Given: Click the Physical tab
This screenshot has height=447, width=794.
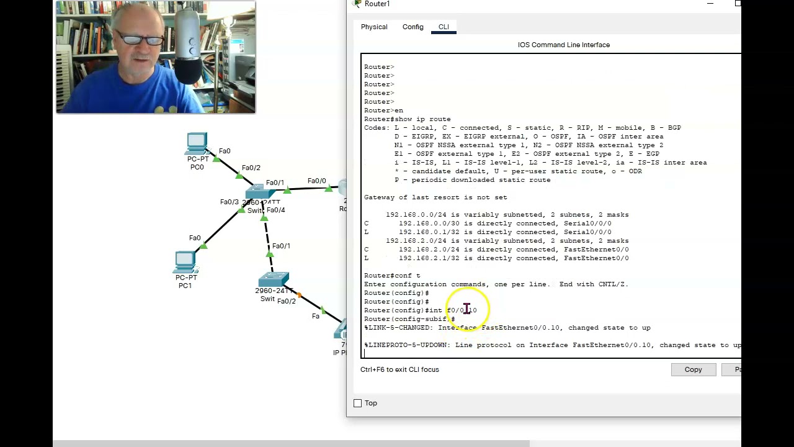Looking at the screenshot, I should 374,27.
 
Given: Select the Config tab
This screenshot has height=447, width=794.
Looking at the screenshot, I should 413,27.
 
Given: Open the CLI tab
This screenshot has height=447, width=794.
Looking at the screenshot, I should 444,27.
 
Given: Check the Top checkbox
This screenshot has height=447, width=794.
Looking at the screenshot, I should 358,404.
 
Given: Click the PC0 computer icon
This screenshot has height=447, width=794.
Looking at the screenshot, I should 197,143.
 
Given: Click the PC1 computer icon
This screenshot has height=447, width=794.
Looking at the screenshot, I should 185,262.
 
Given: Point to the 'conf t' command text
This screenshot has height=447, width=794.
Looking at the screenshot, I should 407,276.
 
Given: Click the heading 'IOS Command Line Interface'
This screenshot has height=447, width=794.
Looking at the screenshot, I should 563,45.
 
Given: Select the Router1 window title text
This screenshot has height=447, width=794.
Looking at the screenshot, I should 377,4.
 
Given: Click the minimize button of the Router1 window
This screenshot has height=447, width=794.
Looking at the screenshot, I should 710,4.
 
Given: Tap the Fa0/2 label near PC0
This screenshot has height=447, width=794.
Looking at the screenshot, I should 251,168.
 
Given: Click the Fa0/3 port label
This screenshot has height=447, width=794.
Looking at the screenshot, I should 229,202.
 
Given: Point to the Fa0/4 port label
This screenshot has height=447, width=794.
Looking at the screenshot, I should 275,210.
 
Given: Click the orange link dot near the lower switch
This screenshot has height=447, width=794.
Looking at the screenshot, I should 299,295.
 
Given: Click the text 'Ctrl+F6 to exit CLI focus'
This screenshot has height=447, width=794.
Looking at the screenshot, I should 399,369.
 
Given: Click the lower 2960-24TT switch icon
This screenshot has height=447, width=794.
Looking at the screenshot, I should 274,279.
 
